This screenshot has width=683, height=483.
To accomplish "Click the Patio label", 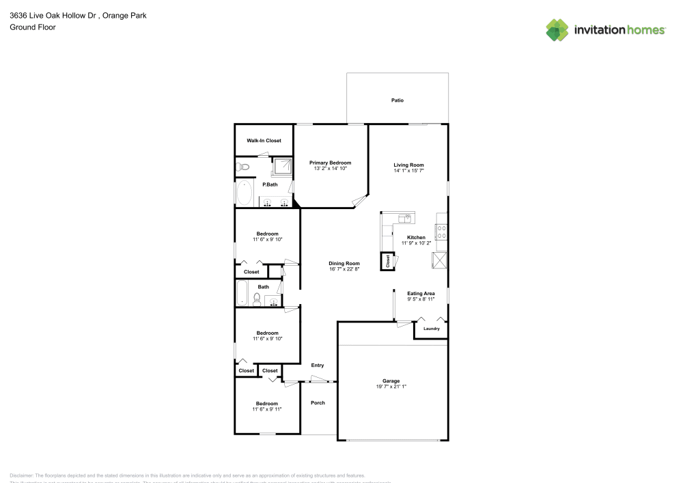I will coord(397,100).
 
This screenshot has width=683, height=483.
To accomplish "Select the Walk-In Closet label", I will coord(264,141).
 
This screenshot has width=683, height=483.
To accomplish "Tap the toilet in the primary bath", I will coord(244,167).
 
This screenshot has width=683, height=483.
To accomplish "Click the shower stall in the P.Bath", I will coord(282,166).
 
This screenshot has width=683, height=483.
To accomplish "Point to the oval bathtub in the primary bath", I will coord(244,193).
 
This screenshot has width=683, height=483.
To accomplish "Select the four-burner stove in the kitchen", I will coord(442,232).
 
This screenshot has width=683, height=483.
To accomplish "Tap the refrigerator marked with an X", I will coord(438,260).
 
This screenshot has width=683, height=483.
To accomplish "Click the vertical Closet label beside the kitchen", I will coord(388,260).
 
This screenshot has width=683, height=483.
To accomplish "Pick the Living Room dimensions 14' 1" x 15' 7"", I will coord(408,171).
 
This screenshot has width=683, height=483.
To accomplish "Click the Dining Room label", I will coord(344,263).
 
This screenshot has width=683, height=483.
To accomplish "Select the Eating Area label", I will coord(421,293).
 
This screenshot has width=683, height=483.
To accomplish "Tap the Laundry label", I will coord(431,329).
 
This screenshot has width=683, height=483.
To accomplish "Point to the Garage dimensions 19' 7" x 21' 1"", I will coord(391,387).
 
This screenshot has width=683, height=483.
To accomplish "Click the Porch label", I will coord(318,402).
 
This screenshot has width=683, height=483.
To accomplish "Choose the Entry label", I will coord(318,365).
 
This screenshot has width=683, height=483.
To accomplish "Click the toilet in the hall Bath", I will coord(257,299).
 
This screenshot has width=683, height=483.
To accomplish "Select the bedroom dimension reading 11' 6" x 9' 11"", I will coord(266,409).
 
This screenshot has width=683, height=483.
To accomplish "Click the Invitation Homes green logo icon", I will coord(557,29).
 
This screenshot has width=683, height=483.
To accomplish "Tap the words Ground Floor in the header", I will coord(33,27).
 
